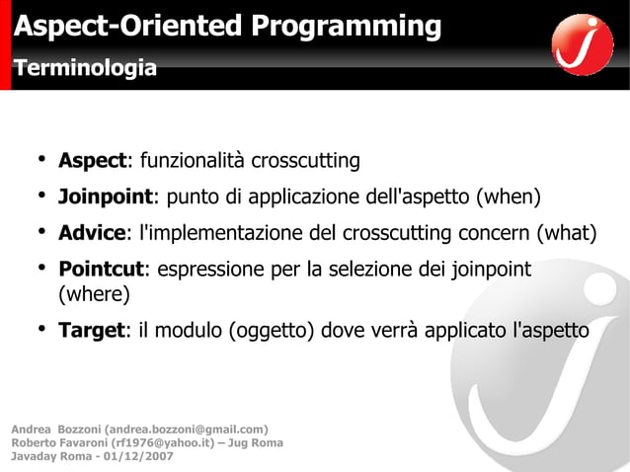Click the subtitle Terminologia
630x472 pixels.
coord(84,68)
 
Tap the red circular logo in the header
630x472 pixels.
coord(583,44)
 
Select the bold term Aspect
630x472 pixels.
coord(92,161)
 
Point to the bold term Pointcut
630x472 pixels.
coord(102,269)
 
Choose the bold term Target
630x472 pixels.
coord(90,330)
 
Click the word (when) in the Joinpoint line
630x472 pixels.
coord(509,197)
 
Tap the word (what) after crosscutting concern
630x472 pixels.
coord(566,233)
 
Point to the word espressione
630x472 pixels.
coord(206,269)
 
